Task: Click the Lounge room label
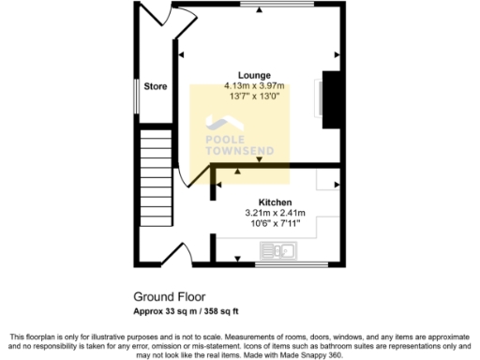tap(254, 75)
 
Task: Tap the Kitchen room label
tap(276, 202)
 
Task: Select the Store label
tap(156, 86)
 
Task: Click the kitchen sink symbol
tap(277, 250)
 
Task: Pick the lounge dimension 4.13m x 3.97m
tap(254, 85)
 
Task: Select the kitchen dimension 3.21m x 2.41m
tap(276, 213)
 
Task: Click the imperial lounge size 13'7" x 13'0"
tap(254, 96)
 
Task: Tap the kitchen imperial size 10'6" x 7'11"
tap(276, 223)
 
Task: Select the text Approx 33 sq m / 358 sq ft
tap(187, 310)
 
